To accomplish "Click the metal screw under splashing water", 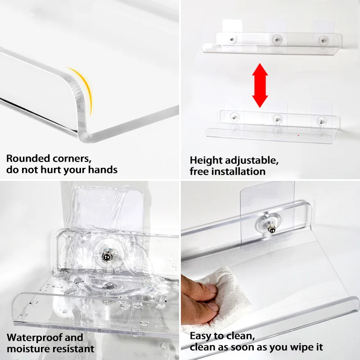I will click(x=106, y=256).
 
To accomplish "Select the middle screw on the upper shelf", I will click(x=275, y=40).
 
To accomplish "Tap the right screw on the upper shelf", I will click(x=321, y=40).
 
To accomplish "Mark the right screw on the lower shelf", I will click(x=320, y=121).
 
